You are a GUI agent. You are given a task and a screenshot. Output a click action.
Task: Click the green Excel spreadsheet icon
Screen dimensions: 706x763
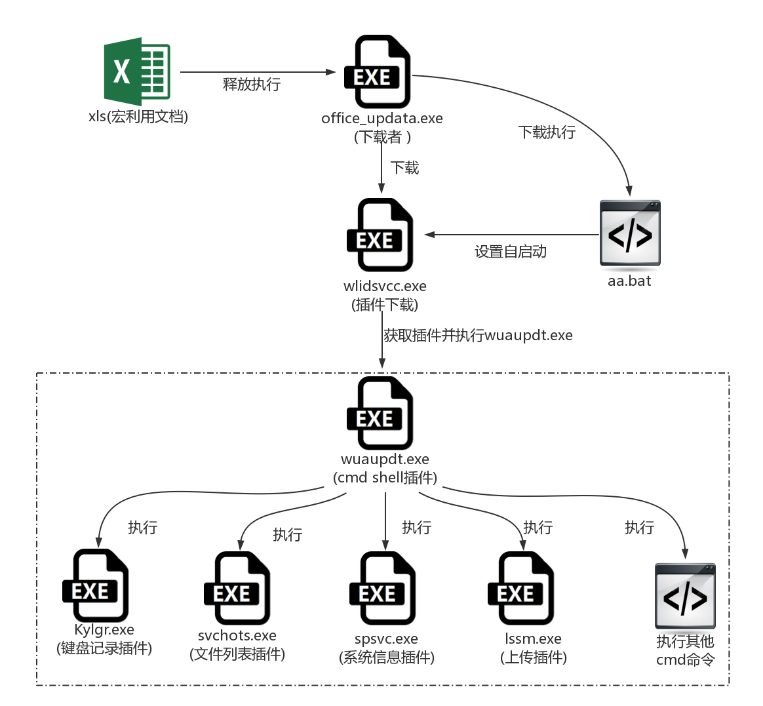coord(137,71)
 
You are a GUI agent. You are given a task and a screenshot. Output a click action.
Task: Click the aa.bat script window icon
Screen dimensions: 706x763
coord(630,234)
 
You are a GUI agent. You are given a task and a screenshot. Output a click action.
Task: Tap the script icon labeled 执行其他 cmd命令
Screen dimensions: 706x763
coord(685,596)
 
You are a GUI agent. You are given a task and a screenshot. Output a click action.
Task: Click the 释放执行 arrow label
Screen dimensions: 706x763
coord(252,85)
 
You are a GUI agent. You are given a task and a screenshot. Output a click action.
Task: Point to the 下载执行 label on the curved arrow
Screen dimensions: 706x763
coord(547,132)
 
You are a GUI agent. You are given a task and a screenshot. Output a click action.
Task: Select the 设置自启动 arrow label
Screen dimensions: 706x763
coord(511,252)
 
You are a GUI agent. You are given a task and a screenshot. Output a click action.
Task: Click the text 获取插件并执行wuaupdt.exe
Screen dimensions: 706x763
coord(478,336)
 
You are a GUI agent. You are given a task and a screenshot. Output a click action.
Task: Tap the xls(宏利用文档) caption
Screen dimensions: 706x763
coord(138,117)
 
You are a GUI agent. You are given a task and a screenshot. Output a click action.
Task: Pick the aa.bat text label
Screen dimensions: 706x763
coord(629,281)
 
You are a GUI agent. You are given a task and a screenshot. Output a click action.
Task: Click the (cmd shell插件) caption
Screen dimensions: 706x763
coord(385,477)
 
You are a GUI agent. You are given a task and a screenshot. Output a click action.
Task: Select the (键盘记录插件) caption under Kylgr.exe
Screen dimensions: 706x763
coord(104,648)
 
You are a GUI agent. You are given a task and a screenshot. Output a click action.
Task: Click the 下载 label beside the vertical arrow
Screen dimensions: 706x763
coord(405,168)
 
